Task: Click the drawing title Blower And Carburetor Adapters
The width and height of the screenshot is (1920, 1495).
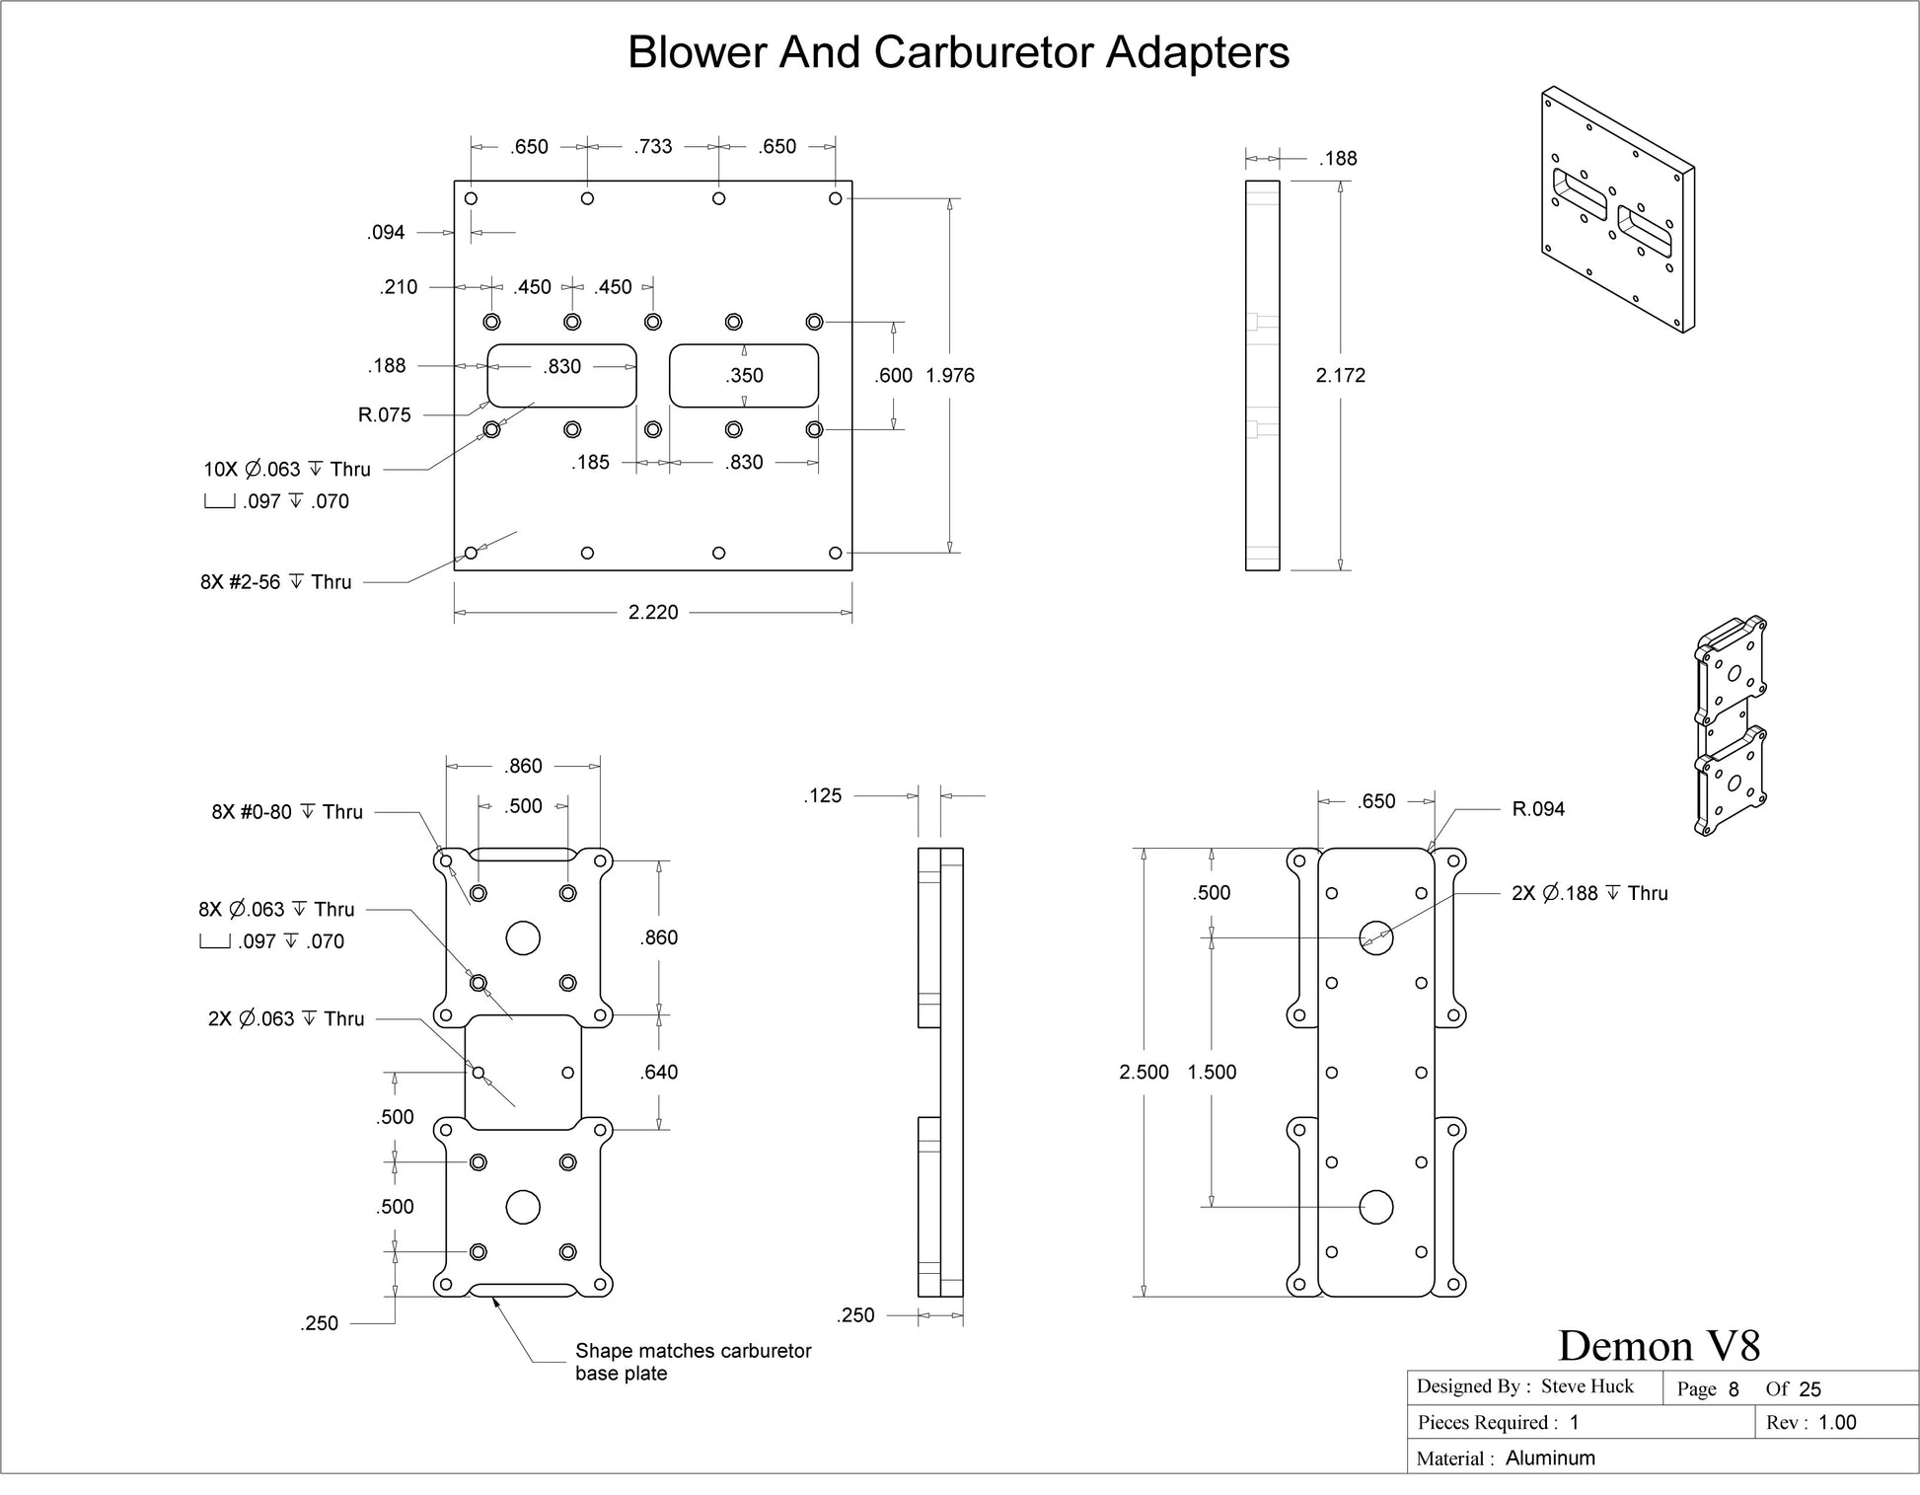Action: [x=958, y=52]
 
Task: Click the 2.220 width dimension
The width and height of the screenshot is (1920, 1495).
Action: [x=653, y=612]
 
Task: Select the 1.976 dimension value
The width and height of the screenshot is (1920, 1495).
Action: [x=950, y=375]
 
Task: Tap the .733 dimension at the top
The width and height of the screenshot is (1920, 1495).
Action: [x=653, y=147]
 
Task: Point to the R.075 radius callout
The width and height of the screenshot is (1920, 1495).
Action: [x=384, y=414]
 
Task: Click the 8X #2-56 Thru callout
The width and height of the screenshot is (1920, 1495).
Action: [x=276, y=582]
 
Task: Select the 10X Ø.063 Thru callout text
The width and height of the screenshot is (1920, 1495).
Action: [x=287, y=469]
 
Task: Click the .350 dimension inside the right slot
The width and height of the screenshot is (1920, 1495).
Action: [x=744, y=375]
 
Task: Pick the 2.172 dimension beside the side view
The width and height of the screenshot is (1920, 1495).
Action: [x=1341, y=375]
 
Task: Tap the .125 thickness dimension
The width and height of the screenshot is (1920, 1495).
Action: [x=823, y=795]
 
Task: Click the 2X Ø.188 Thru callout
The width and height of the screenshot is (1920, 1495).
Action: [x=1589, y=893]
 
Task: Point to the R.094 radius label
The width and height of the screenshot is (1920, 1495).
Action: [x=1538, y=809]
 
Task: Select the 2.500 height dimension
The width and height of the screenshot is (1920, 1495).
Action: [x=1144, y=1072]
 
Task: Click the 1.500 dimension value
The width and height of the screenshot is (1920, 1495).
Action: [x=1212, y=1072]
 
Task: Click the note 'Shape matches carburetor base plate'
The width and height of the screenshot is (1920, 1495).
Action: [x=694, y=1362]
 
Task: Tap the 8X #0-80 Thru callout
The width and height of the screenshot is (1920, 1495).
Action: [x=287, y=812]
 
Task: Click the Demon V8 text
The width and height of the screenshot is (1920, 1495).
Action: [x=1659, y=1345]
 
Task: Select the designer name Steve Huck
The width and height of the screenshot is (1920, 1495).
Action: [x=1588, y=1386]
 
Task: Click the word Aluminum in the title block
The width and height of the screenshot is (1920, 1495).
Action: [x=1550, y=1458]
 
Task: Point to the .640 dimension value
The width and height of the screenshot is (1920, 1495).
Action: [x=658, y=1072]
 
